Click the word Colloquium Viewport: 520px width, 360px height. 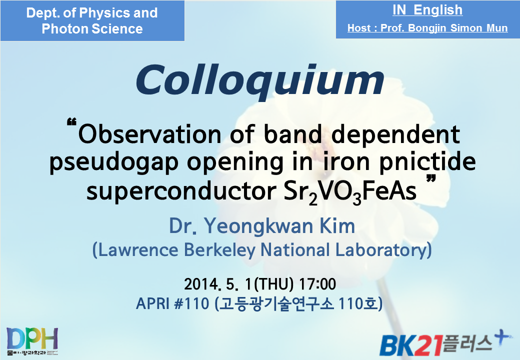pos(260,80)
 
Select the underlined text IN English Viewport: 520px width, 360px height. pos(427,10)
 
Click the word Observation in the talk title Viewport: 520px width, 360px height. pos(149,134)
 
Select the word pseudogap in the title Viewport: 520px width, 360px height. pos(114,163)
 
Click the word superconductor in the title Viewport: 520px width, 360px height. pos(181,191)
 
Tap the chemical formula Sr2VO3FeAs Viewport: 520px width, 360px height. pos(350,192)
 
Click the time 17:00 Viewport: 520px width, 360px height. pos(317,284)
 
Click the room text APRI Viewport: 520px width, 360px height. pos(152,303)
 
